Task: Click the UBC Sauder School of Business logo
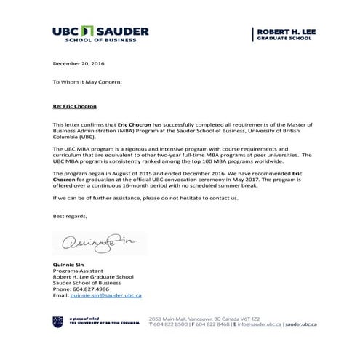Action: (100, 34)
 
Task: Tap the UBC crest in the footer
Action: (57, 321)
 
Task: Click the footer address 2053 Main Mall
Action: (170, 318)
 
